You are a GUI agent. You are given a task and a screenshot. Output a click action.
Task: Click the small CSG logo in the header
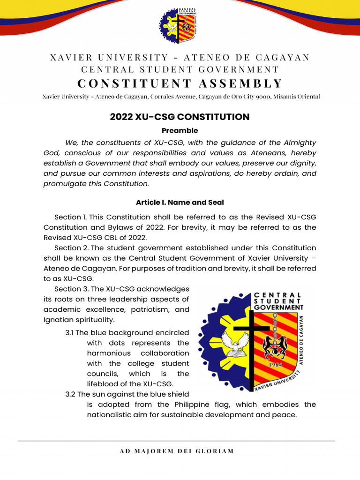(180, 26)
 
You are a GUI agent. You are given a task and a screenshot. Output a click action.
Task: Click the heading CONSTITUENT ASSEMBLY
(180, 83)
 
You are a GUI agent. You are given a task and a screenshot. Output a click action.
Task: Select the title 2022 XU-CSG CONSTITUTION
(180, 117)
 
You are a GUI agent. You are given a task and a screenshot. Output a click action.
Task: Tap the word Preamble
(180, 130)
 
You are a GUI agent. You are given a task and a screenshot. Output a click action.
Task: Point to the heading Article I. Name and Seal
(180, 202)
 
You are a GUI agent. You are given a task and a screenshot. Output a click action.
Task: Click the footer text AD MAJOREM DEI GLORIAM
(177, 451)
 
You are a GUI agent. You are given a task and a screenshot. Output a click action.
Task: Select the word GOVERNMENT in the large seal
(278, 307)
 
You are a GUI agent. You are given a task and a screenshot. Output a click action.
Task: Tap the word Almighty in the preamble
(298, 142)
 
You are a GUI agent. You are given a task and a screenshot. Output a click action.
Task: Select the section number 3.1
(70, 333)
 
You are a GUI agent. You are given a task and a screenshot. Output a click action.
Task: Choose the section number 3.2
(70, 394)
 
